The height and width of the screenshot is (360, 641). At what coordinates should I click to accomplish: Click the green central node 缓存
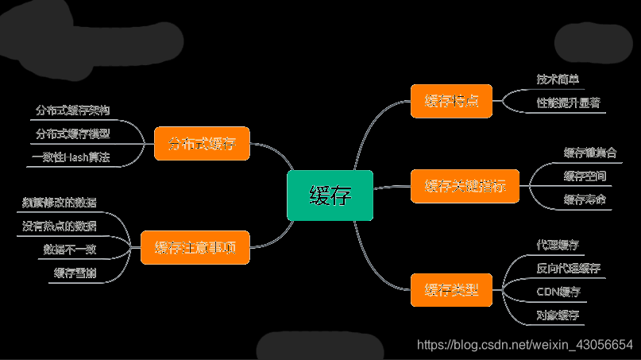click(330, 195)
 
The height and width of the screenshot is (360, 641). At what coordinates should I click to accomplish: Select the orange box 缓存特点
click(451, 101)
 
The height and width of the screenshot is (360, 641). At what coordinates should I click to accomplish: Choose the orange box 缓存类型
click(451, 289)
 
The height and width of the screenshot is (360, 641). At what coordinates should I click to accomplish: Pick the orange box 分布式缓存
click(202, 144)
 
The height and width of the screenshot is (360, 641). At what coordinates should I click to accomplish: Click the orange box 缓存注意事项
click(195, 246)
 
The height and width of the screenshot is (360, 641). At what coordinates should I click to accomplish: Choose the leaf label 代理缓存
click(558, 244)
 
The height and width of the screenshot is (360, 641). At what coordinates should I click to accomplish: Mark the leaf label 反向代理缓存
click(569, 268)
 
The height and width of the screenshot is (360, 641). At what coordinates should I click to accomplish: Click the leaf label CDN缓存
click(558, 292)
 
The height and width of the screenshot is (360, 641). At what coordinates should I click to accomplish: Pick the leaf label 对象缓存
click(558, 315)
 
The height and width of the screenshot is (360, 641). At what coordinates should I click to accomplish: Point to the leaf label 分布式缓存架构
click(72, 110)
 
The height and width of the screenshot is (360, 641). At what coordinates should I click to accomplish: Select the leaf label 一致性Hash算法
click(71, 157)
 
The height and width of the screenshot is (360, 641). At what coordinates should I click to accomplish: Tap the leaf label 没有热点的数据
click(60, 226)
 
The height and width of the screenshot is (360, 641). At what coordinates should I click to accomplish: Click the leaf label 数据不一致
click(70, 250)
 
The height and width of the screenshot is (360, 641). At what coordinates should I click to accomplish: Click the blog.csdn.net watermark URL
click(525, 345)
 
